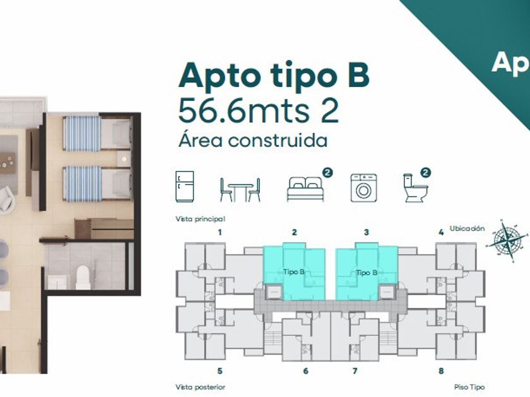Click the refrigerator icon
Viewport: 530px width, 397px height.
[x=184, y=187]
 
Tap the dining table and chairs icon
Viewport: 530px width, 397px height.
[x=240, y=190]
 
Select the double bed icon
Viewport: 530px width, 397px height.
[x=305, y=188]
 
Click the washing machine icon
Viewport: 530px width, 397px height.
[x=363, y=188]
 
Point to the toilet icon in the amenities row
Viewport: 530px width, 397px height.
[x=415, y=188]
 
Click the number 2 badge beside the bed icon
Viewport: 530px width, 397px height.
[x=327, y=173]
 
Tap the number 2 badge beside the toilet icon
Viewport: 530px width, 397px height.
[x=426, y=173]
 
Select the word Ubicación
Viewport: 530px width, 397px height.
[x=467, y=229]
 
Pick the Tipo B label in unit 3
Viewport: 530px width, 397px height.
[x=367, y=272]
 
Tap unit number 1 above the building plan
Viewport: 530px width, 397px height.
[x=220, y=233]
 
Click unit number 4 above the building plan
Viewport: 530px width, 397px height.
[x=441, y=233]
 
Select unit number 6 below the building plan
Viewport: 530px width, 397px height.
[x=305, y=371]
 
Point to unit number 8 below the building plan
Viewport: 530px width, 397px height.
[x=441, y=371]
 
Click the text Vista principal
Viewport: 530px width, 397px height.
[x=200, y=219]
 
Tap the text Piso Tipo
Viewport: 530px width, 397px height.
[x=469, y=387]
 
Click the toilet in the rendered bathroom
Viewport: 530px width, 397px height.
[x=83, y=277]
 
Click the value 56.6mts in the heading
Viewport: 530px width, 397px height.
[x=244, y=110]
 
